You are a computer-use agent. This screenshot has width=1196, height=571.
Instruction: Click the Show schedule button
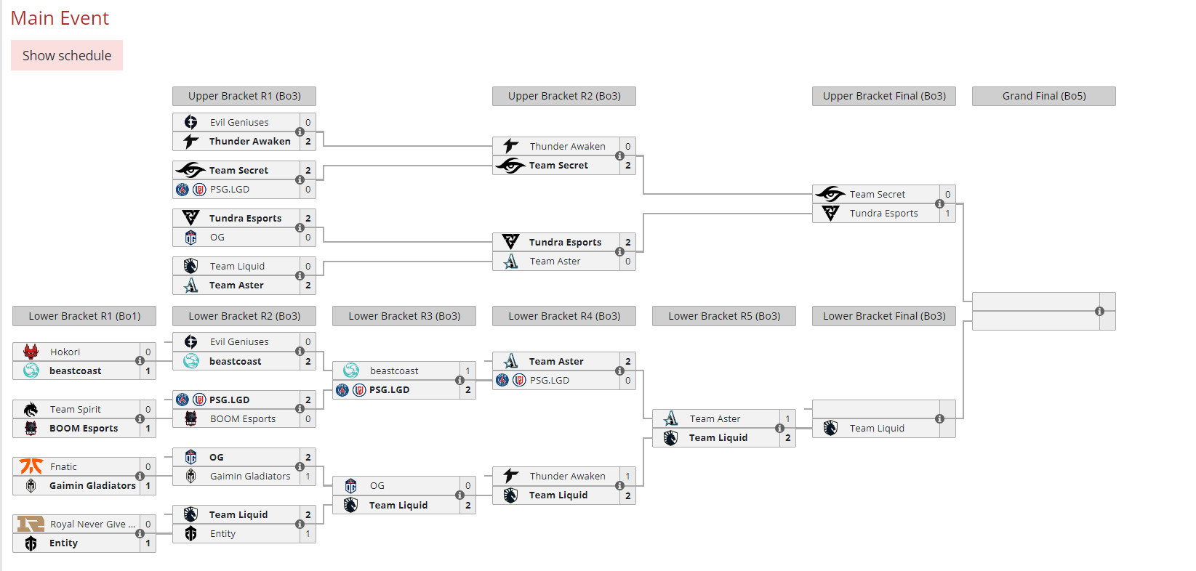[x=67, y=55]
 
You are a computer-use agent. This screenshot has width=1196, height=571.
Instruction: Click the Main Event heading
[x=60, y=18]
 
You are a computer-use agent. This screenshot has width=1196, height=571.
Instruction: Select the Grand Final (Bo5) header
[x=1043, y=96]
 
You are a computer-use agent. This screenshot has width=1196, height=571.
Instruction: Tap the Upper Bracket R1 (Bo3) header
[x=244, y=96]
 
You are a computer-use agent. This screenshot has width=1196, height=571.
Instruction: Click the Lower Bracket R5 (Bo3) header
[x=723, y=316]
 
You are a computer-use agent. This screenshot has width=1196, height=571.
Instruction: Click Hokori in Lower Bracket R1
[x=65, y=352]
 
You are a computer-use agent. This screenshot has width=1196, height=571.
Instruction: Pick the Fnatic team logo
[x=31, y=466]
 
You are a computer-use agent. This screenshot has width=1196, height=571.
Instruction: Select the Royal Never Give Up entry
[x=92, y=524]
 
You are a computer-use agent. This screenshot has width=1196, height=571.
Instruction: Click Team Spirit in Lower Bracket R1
[x=75, y=409]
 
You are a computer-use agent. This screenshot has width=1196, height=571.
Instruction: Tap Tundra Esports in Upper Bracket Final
[x=883, y=213]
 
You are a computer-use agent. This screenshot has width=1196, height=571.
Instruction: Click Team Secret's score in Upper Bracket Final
[x=947, y=194]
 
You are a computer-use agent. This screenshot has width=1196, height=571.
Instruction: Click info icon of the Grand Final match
[x=1099, y=311]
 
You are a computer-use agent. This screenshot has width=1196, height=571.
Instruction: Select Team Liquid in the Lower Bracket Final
[x=877, y=428]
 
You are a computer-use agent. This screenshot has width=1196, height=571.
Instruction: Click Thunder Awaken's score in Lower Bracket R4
[x=627, y=476]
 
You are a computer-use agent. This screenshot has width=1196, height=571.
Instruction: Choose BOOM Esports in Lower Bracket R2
[x=242, y=418]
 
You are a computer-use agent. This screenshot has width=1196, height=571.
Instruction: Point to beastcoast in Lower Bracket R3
[x=393, y=370]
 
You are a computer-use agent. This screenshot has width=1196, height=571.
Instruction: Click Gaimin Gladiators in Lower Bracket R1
[x=92, y=485]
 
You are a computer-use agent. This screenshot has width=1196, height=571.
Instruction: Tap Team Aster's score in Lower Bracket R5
[x=787, y=418]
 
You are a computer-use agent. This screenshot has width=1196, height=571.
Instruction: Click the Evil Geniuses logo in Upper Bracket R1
[x=190, y=122]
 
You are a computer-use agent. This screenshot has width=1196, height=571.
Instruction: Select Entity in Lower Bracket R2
[x=222, y=533]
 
